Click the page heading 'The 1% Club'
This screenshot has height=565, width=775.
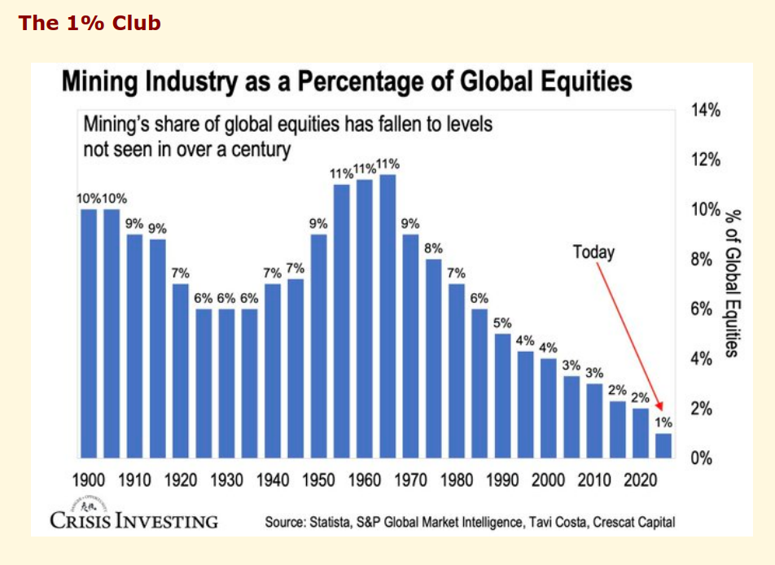pos(90,23)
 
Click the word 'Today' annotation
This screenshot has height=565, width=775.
pos(593,252)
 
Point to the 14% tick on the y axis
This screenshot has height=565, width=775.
pos(706,110)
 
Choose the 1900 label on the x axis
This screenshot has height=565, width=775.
pos(89,480)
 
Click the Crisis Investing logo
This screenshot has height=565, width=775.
pos(134,515)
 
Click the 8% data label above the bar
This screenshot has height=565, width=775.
pos(434,247)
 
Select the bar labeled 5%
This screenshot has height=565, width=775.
pos(503,396)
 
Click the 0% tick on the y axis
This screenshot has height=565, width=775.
pos(702,458)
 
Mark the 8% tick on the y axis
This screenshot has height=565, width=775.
pos(702,260)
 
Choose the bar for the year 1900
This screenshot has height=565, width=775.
pos(89,334)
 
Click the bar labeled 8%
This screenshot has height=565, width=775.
pos(434,358)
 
